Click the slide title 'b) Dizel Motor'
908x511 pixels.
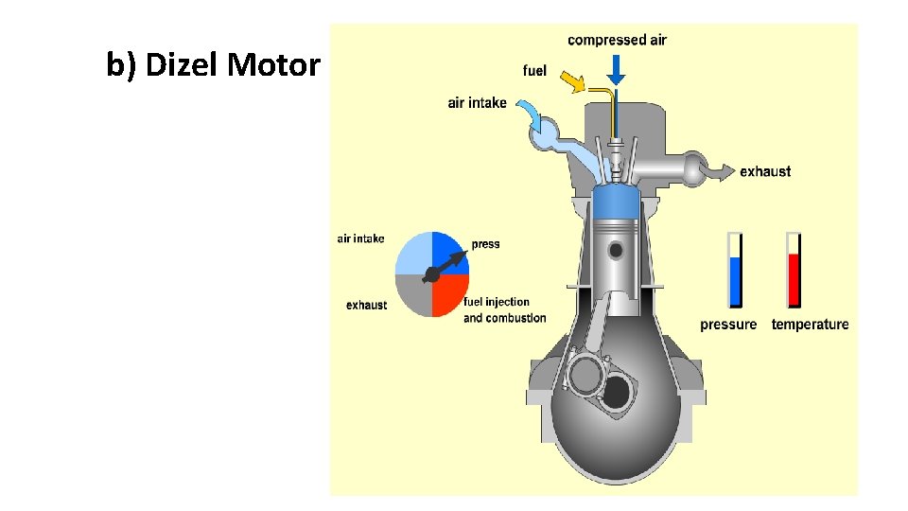pos(213,66)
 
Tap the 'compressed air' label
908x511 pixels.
pos(617,40)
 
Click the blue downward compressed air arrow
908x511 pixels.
pos(616,68)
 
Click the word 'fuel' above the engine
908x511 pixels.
pos(534,71)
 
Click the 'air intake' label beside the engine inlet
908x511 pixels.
pos(477,103)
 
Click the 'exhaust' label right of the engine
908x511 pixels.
pos(765,171)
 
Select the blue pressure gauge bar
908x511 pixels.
pos(735,280)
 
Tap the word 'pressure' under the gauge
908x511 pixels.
pos(728,325)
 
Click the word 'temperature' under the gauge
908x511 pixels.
pos(810,325)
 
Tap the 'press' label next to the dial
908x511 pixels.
pos(485,244)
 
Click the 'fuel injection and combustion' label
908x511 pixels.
pos(504,310)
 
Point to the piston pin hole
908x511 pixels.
pos(617,251)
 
